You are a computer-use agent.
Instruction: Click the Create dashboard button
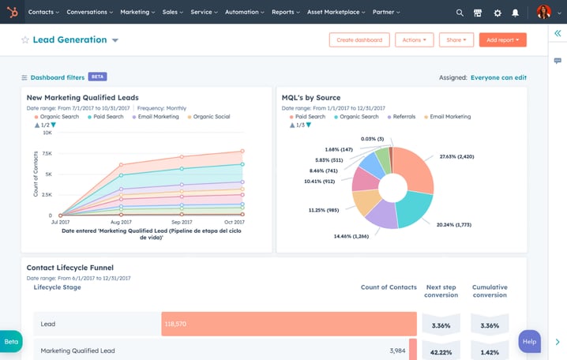[x=359, y=39]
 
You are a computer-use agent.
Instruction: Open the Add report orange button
[x=502, y=39]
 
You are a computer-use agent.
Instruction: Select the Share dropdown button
[x=456, y=39]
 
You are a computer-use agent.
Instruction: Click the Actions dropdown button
[x=414, y=39]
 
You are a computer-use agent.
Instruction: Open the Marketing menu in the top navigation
[x=137, y=13]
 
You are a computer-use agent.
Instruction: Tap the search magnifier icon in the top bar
[x=460, y=13]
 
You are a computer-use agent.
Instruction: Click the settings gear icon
[x=498, y=13]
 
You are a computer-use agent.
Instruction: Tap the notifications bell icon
[x=516, y=13]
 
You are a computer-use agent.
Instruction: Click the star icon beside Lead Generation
[x=25, y=40]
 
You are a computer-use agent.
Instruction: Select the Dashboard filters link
[x=57, y=77]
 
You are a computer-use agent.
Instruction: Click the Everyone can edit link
[x=498, y=77]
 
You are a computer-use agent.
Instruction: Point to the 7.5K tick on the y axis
[x=47, y=154]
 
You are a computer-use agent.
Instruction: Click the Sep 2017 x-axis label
[x=182, y=223]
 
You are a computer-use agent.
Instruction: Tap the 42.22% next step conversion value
[x=441, y=351]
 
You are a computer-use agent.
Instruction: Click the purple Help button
[x=529, y=341]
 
